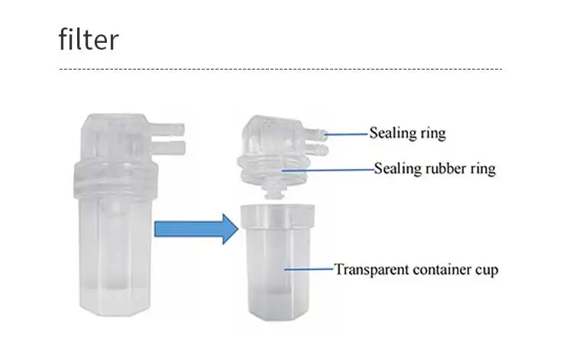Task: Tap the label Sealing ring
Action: pos(407,133)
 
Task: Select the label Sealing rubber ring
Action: pos(434,168)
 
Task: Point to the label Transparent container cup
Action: pos(416,269)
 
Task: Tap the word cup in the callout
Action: pos(486,270)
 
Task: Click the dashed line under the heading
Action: pos(280,70)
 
